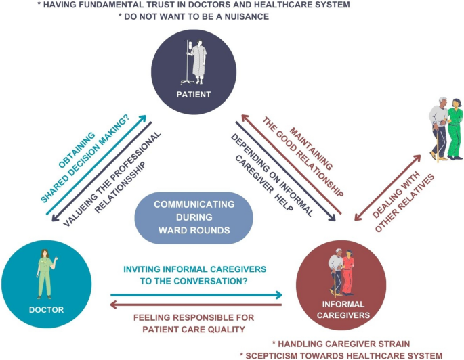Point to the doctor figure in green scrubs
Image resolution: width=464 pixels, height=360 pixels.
coord(47,273)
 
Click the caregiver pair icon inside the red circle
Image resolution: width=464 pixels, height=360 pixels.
coord(341,273)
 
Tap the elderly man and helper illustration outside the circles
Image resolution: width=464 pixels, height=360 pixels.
coord(444,129)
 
